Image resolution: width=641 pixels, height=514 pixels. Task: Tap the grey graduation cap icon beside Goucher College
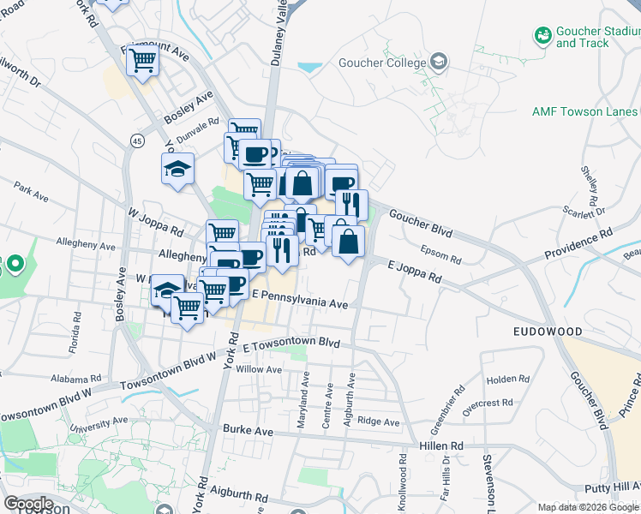(439, 62)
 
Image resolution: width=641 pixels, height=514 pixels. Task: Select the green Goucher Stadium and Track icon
(542, 35)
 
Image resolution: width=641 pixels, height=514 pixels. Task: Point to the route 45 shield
(137, 141)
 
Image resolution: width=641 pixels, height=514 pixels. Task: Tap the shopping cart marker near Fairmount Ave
(142, 60)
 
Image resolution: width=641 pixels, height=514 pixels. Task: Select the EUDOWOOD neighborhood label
(548, 332)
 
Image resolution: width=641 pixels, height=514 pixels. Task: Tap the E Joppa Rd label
(414, 273)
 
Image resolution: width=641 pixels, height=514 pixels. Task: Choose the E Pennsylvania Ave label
(298, 303)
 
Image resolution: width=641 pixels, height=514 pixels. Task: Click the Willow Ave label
(259, 369)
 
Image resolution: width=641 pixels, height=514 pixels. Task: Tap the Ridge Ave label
(379, 422)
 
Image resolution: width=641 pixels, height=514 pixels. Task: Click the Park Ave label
(31, 190)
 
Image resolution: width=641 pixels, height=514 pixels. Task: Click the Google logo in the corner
(27, 503)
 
